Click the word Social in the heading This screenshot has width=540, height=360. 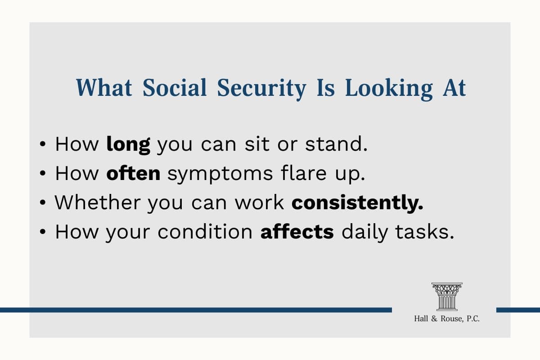tap(175, 87)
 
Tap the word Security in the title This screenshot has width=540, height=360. tap(261, 89)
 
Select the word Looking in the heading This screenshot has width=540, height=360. tap(389, 89)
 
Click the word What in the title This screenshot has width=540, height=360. tap(104, 87)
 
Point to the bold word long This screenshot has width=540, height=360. tap(128, 145)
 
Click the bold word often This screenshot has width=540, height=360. tap(133, 173)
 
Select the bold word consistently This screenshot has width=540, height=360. tap(357, 202)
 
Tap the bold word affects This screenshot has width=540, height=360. tap(297, 231)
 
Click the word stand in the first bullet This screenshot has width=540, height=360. tap(336, 144)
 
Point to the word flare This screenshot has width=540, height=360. tap(303, 173)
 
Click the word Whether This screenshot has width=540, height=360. tap(98, 202)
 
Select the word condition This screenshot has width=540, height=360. tap(205, 231)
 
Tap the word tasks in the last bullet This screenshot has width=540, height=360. tap(424, 231)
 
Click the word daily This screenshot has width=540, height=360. tap(364, 233)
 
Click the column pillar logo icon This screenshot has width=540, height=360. tap(447, 297)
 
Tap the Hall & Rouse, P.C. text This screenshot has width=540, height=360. tap(447, 319)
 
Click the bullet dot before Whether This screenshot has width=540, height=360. tap(43, 203)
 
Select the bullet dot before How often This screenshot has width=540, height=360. tap(43, 173)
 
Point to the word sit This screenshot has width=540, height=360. tap(257, 144)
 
